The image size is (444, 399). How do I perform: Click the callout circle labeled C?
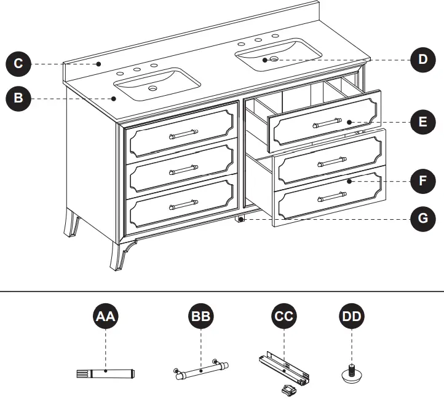coord(19,64)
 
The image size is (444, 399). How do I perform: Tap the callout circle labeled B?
coord(19,98)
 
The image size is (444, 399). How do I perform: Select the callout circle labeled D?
coord(422,60)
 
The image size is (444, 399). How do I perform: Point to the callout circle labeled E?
coord(422,122)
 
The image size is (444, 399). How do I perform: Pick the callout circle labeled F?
coord(422,182)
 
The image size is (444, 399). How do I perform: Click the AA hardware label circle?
coord(106,317)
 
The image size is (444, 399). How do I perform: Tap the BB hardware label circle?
coord(201,317)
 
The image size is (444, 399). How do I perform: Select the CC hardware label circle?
coord(283,317)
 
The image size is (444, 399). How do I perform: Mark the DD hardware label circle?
coord(351,317)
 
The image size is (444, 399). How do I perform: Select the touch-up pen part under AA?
coord(105,372)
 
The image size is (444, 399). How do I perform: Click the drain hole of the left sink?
coord(153,89)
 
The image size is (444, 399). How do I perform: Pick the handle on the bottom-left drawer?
coord(183,203)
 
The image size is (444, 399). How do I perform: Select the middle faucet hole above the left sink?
coord(137,69)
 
